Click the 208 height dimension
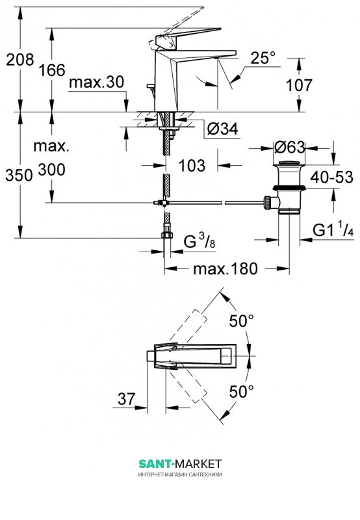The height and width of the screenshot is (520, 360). [20, 60]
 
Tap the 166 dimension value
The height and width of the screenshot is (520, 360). [52, 70]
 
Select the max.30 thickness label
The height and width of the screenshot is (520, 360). [96, 83]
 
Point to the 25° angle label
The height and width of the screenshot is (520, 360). [263, 58]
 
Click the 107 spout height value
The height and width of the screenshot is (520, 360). [299, 85]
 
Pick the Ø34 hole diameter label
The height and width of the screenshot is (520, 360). [223, 128]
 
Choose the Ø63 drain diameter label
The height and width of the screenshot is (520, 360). [289, 148]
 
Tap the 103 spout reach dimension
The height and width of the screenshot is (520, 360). [192, 165]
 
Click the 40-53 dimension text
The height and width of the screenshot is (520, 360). [332, 177]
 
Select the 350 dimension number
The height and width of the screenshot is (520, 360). [19, 175]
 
